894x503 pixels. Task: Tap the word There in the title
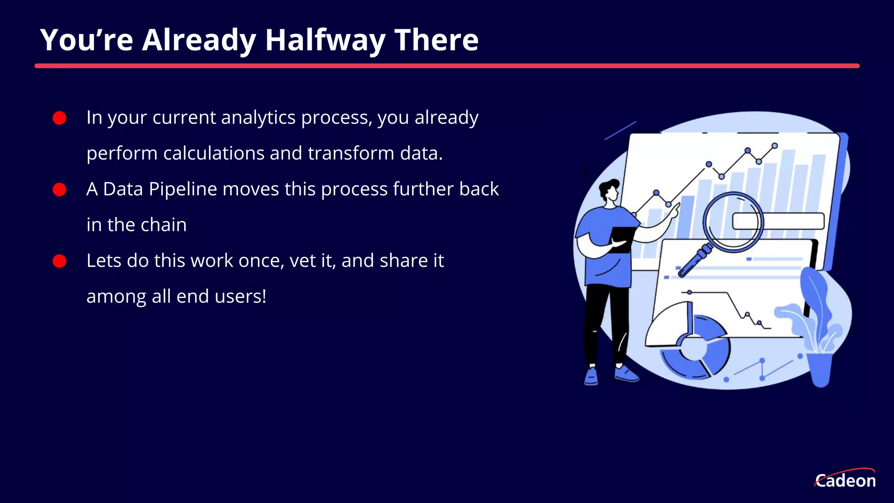tap(436, 40)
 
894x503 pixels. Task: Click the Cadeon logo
tap(845, 479)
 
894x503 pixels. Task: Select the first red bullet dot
tap(59, 118)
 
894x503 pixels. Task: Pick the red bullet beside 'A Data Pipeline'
tap(59, 189)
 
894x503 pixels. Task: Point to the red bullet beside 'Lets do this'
tap(59, 261)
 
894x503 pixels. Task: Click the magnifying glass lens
tap(733, 222)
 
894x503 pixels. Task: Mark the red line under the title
tap(447, 66)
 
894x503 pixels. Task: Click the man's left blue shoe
tap(591, 376)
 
